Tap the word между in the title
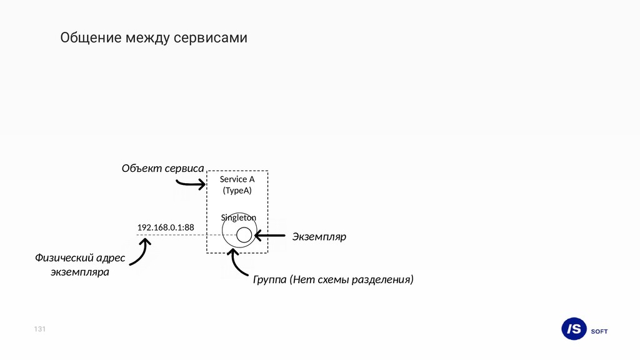[x=147, y=39]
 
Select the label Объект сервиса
[x=162, y=168]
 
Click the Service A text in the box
[x=237, y=179]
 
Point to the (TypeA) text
[x=237, y=191]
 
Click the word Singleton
[x=238, y=217]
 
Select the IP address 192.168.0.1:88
[x=165, y=227]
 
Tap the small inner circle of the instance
[x=244, y=235]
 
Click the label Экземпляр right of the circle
[x=319, y=237]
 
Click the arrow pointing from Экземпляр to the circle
[x=270, y=236]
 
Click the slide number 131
[x=40, y=329]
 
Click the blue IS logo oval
[x=574, y=329]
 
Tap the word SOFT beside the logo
[x=599, y=331]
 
